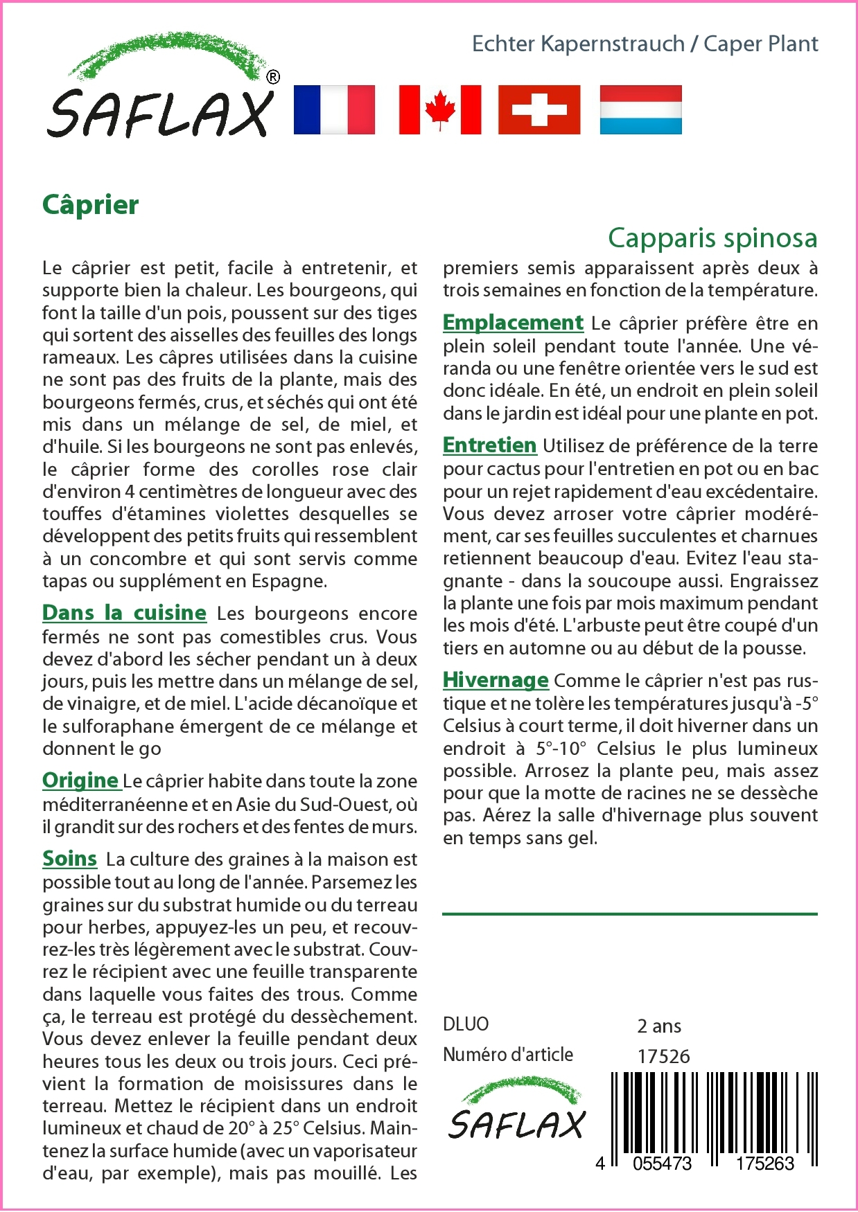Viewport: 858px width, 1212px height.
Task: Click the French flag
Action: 334,109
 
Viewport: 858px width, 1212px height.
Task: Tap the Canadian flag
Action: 440,109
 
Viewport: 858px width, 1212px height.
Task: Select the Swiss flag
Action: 539,109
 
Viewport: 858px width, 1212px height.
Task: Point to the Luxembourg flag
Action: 640,109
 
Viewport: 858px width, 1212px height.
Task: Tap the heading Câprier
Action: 91,205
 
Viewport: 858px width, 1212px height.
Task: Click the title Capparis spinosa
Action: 712,238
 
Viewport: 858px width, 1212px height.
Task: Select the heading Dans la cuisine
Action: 125,613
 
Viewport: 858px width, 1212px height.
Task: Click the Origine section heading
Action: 80,781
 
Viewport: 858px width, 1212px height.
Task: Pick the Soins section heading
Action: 69,859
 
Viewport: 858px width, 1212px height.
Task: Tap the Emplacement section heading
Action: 513,323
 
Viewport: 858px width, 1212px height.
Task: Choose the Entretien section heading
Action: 489,445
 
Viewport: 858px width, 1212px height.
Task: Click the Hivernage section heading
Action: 496,680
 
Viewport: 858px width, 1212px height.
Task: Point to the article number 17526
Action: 663,1056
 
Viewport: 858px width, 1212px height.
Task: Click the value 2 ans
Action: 658,1026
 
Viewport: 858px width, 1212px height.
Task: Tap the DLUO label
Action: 466,1024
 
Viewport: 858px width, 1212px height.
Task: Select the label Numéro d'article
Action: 508,1055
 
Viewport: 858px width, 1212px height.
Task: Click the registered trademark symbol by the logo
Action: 273,78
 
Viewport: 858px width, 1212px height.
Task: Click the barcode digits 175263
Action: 764,1164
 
